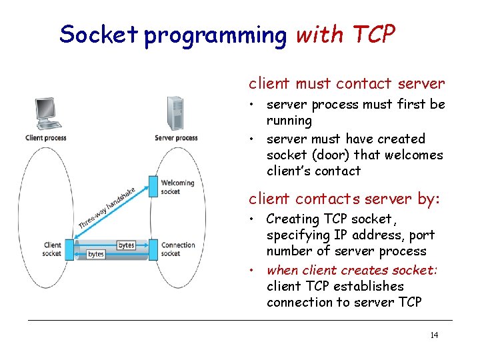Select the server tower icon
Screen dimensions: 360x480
click(175, 113)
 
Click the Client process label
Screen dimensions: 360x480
click(46, 138)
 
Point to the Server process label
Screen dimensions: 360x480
click(176, 138)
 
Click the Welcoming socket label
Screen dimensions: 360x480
click(178, 187)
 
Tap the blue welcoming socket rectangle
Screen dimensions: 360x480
click(153, 187)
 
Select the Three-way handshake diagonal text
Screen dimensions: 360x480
click(107, 208)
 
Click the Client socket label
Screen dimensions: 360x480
click(51, 249)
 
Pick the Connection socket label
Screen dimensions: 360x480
click(179, 249)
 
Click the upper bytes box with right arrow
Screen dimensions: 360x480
click(126, 245)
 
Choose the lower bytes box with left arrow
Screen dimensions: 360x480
click(96, 254)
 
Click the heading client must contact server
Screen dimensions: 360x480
click(346, 84)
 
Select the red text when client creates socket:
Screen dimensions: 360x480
click(351, 270)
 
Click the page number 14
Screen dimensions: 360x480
click(434, 335)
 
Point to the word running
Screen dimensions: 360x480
click(289, 121)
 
